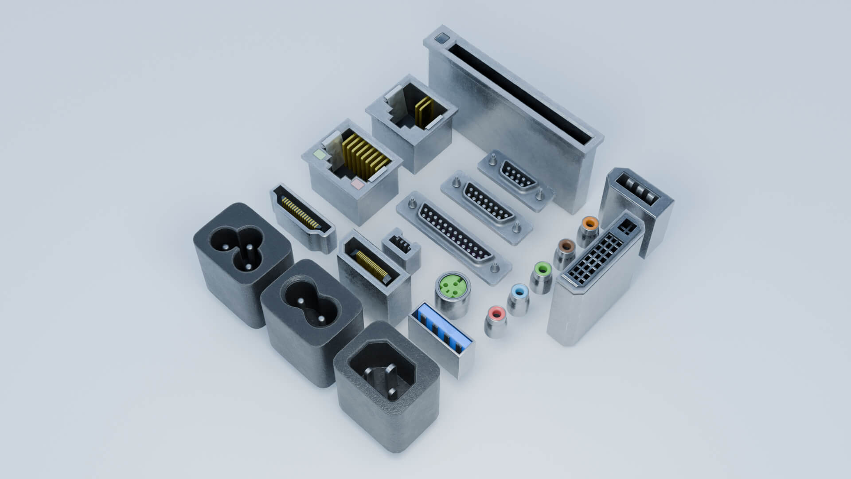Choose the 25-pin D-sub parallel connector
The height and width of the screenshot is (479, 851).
coord(454,235)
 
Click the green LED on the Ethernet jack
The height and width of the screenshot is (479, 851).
coord(319,155)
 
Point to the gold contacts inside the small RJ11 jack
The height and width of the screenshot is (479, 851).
coord(422,110)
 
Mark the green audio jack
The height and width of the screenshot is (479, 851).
coord(542,269)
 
